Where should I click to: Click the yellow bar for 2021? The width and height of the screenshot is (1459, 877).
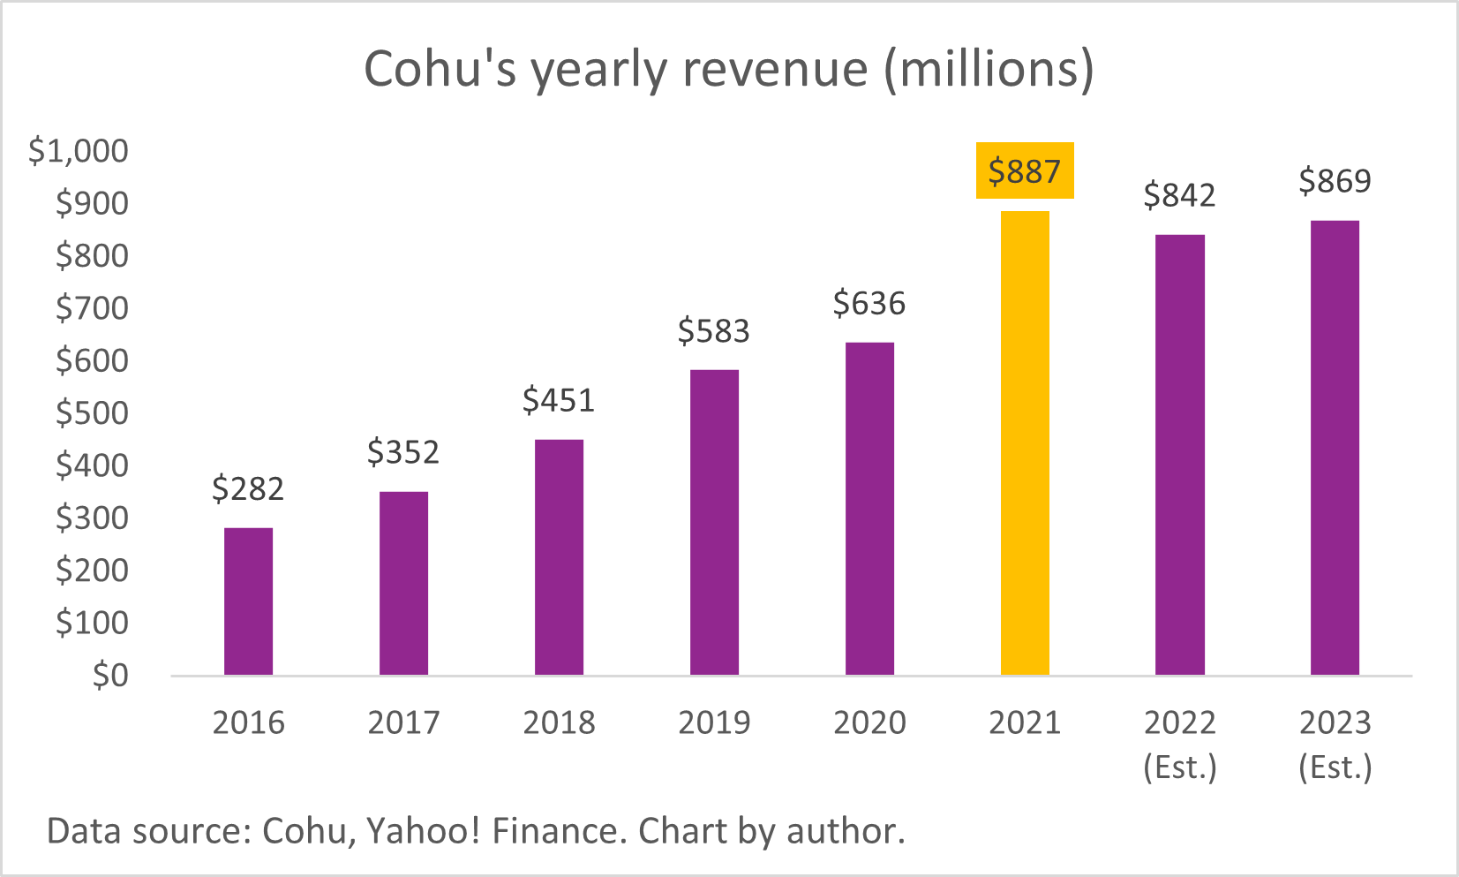pyautogui.click(x=1025, y=442)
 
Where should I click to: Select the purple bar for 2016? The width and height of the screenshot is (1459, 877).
pyautogui.click(x=248, y=601)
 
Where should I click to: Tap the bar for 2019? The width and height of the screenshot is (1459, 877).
pyautogui.click(x=714, y=522)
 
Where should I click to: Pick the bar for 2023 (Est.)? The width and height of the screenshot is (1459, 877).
pyautogui.click(x=1335, y=448)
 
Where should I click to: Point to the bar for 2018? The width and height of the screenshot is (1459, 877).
pyautogui.click(x=559, y=557)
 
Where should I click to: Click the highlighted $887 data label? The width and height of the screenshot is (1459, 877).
pyautogui.click(x=1025, y=171)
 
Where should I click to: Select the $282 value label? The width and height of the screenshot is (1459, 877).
pyautogui.click(x=248, y=488)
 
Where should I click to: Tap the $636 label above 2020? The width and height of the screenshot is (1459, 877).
pyautogui.click(x=869, y=304)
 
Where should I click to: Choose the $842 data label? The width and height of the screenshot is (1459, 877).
pyautogui.click(x=1179, y=195)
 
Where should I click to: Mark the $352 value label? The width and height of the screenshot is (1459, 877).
pyautogui.click(x=403, y=452)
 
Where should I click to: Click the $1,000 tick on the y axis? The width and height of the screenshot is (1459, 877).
pyautogui.click(x=79, y=151)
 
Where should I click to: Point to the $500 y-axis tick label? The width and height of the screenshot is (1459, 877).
pyautogui.click(x=92, y=413)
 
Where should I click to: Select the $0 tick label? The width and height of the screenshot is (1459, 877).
pyautogui.click(x=110, y=676)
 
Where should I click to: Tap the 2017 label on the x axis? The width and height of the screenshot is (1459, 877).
pyautogui.click(x=403, y=722)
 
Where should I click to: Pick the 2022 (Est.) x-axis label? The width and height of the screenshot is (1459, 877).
pyautogui.click(x=1180, y=744)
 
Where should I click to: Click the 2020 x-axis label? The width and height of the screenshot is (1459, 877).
pyautogui.click(x=869, y=722)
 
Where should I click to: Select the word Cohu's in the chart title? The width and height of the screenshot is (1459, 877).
pyautogui.click(x=440, y=69)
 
